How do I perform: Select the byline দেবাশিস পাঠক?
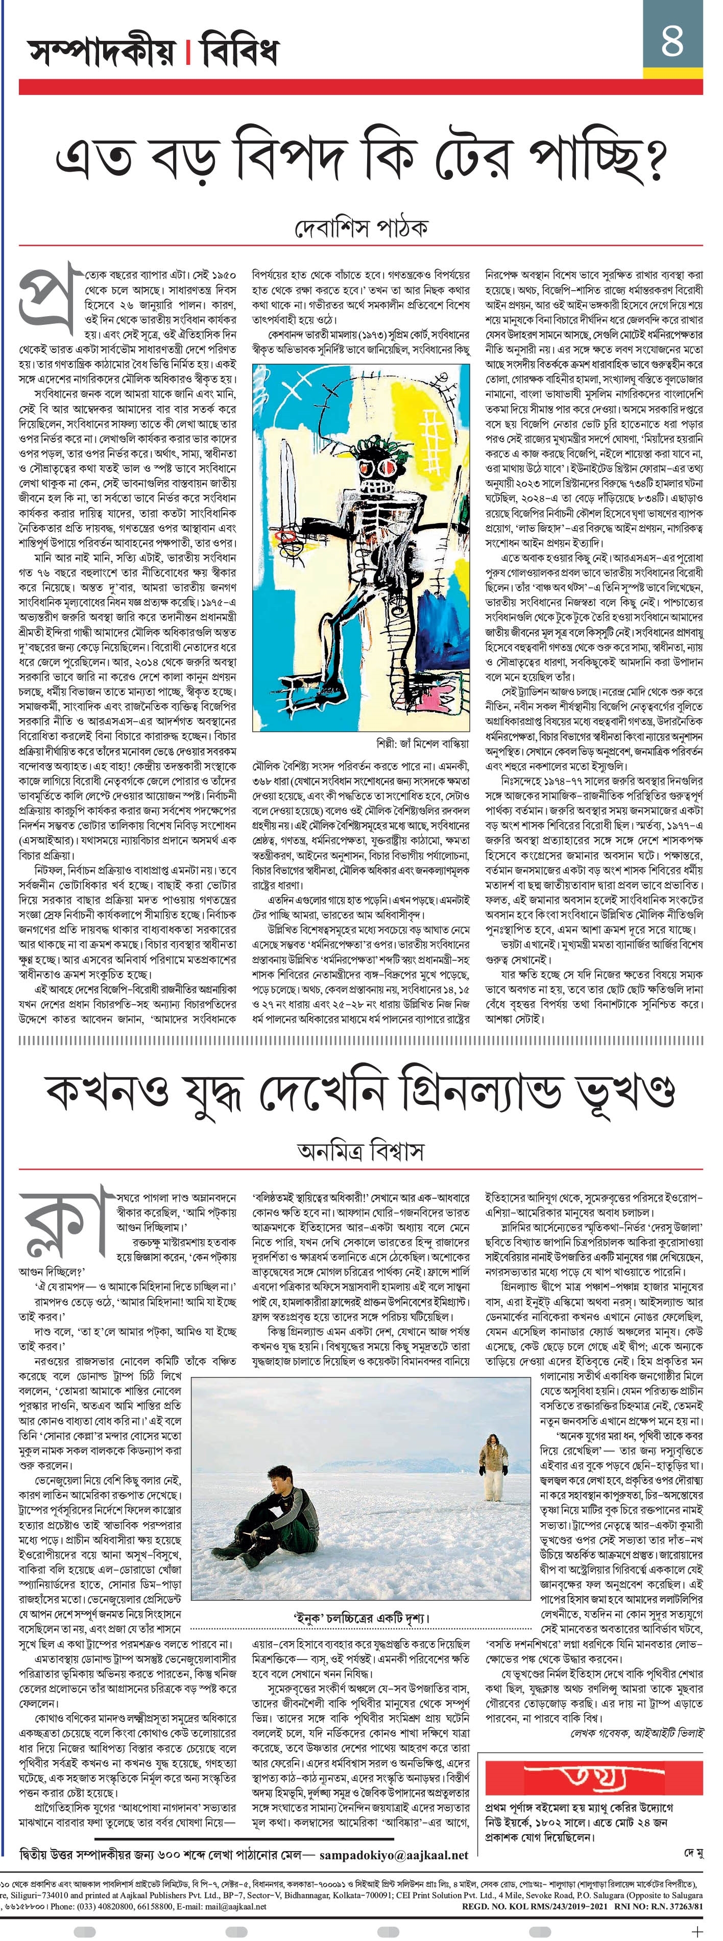pos(361,227)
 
